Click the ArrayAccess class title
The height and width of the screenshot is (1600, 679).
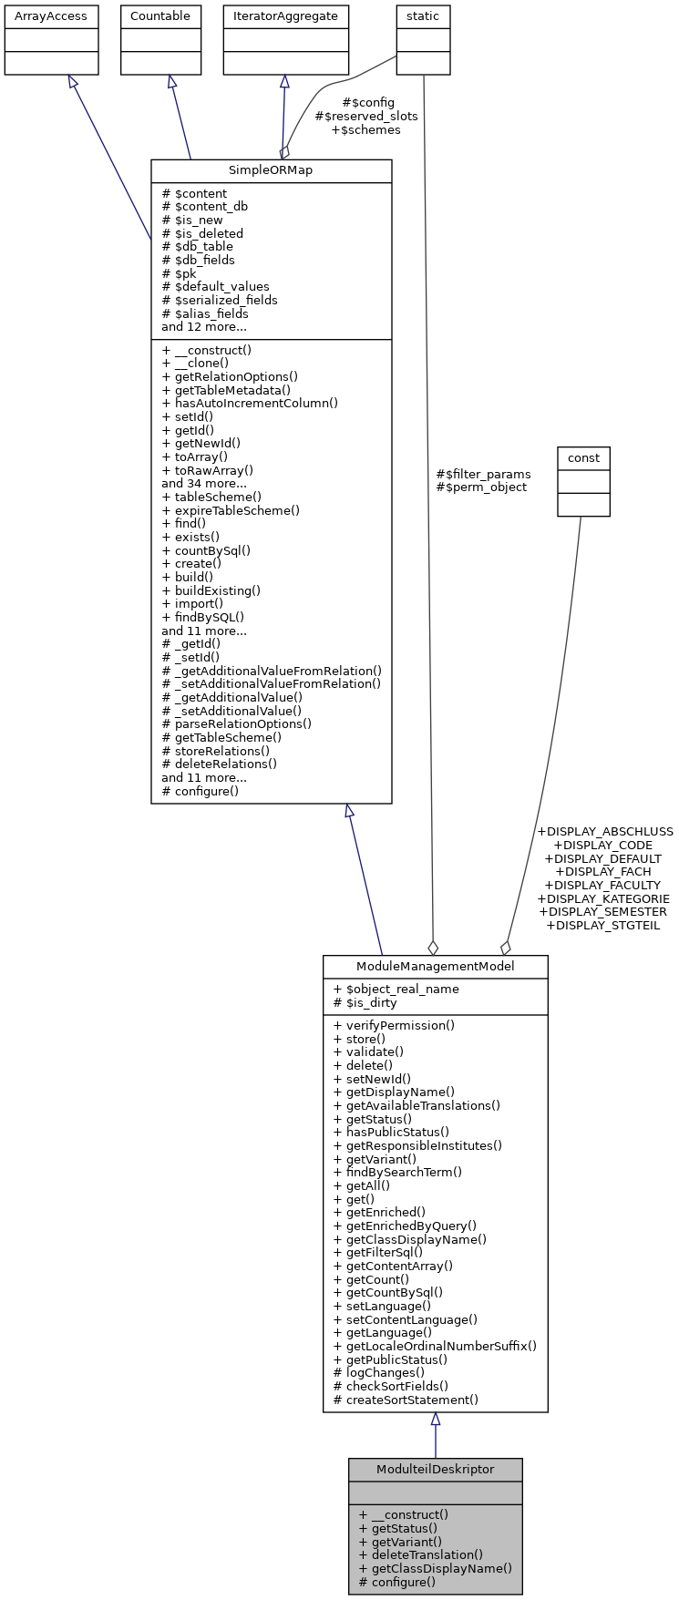(51, 16)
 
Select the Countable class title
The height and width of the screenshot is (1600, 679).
(160, 16)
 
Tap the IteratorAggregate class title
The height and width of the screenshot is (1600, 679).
(286, 16)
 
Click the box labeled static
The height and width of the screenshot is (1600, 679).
(423, 16)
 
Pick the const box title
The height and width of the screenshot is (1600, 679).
(583, 458)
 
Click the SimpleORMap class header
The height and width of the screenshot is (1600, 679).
(271, 171)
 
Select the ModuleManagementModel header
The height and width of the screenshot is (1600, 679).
(435, 967)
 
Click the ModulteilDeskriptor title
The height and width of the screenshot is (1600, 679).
(435, 1470)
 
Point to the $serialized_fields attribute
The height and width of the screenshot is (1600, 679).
(220, 300)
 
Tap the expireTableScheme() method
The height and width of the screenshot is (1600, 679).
(231, 510)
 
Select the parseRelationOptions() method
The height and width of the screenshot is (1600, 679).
(236, 723)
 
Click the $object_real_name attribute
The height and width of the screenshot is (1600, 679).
(396, 990)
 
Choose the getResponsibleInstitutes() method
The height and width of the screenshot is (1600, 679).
(417, 1145)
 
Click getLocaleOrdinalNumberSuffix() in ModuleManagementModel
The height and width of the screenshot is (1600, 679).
(435, 1346)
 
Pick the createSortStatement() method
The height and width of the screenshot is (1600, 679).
(406, 1400)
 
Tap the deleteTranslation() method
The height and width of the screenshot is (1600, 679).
(420, 1554)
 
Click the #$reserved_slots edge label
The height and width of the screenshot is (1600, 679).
(366, 116)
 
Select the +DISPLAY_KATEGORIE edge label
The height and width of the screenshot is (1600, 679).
(603, 898)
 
